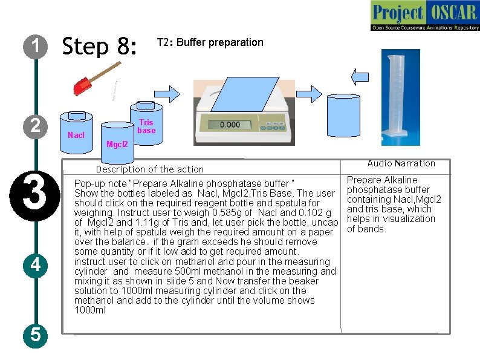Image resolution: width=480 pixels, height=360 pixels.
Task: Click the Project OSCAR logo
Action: [x=425, y=16]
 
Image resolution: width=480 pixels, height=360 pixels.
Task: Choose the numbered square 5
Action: [x=36, y=334]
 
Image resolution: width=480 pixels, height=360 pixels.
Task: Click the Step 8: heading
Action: [x=100, y=47]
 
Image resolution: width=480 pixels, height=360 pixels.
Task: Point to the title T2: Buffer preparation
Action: [x=210, y=42]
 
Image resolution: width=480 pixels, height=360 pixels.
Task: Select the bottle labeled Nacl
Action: [x=76, y=129]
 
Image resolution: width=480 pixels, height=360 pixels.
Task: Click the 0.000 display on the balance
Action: [x=230, y=125]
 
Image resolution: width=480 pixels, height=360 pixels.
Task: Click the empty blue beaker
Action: [x=344, y=118]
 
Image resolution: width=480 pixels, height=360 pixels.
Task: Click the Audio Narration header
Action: [x=401, y=163]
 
